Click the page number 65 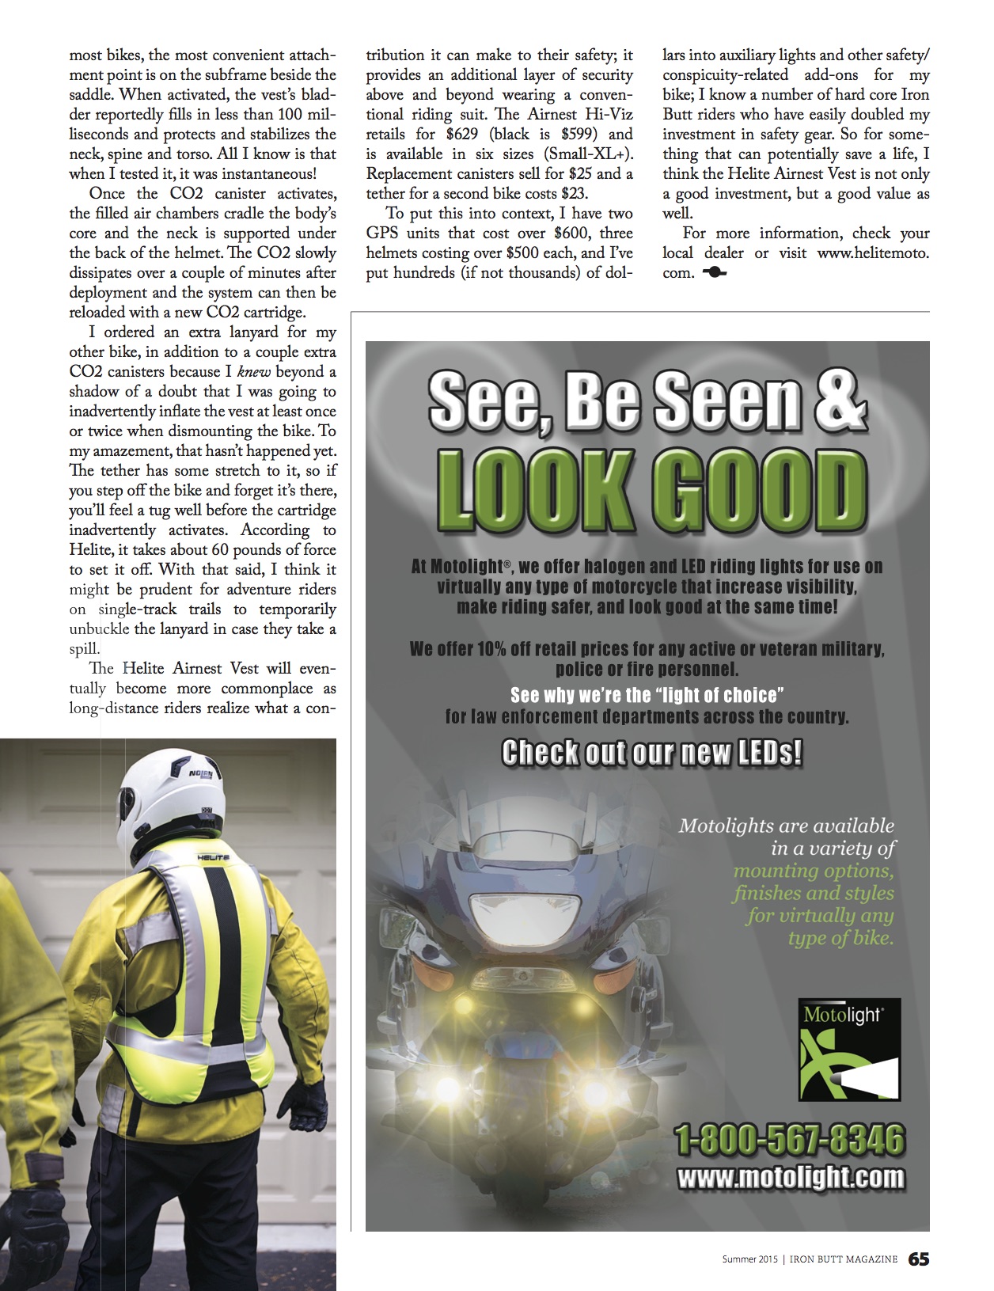pyautogui.click(x=918, y=1259)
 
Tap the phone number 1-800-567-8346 pyautogui.click(x=789, y=1141)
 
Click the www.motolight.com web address pyautogui.click(x=790, y=1177)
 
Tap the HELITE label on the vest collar pyautogui.click(x=211, y=857)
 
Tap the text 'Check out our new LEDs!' pyautogui.click(x=652, y=752)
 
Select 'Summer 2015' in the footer pyautogui.click(x=748, y=1259)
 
